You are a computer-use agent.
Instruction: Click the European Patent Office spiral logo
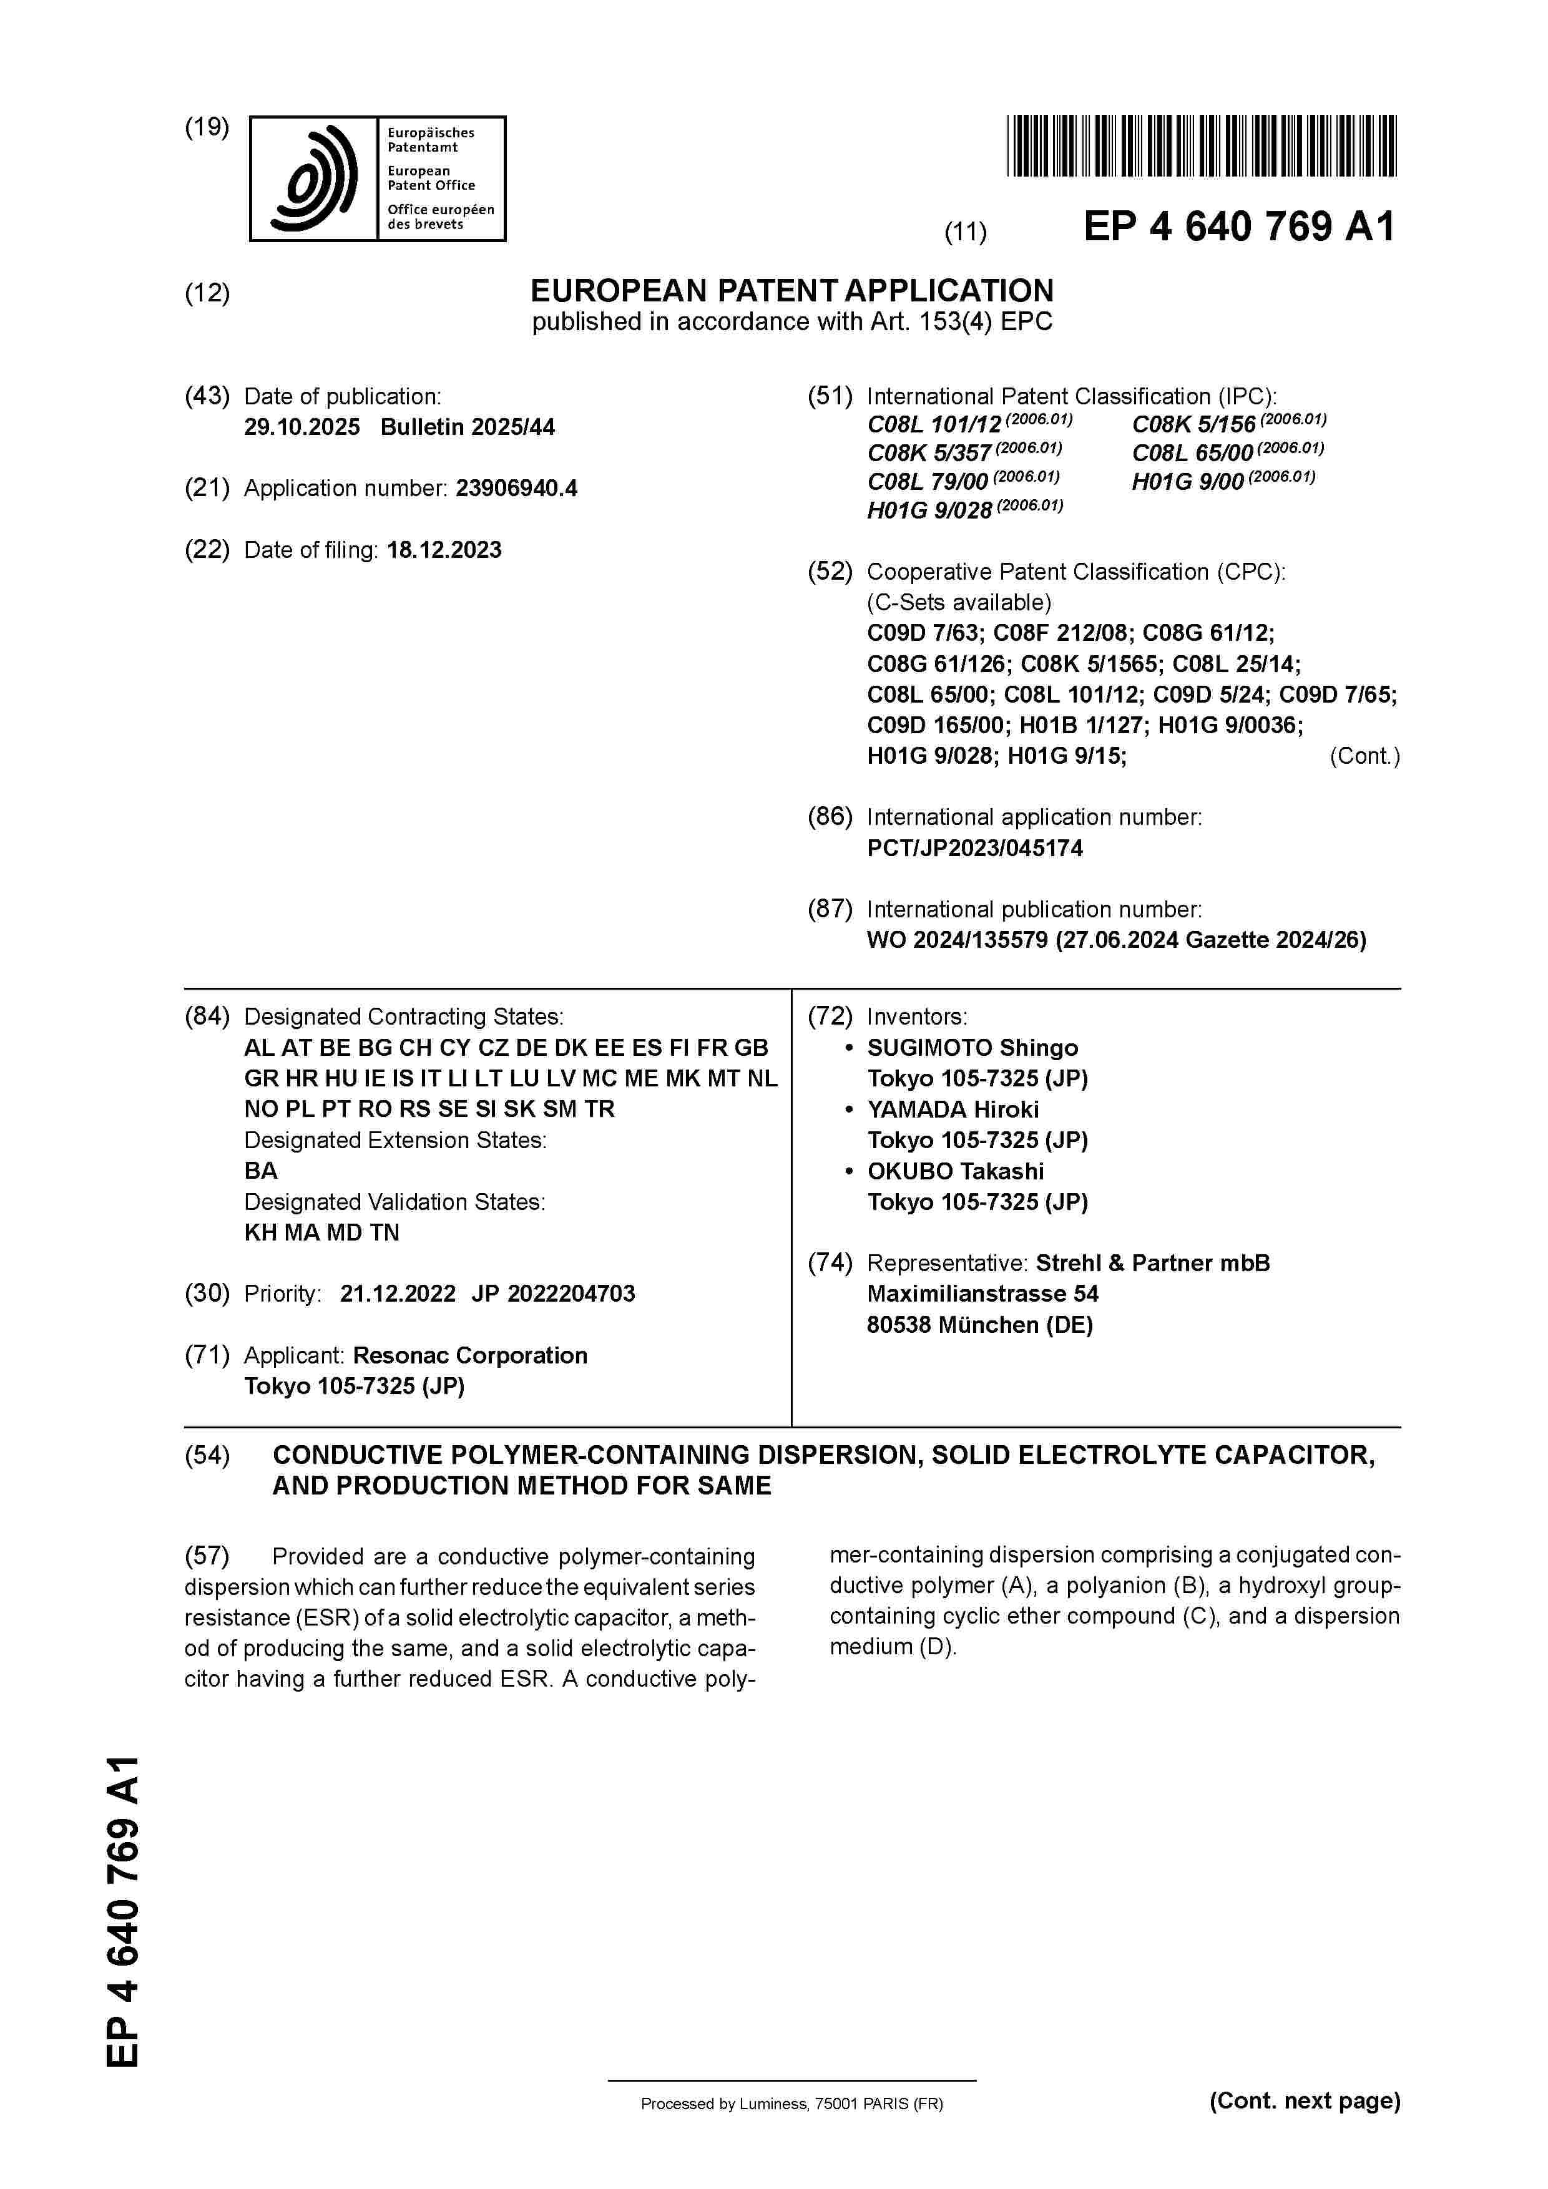click(314, 179)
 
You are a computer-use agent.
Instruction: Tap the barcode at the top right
click(1201, 146)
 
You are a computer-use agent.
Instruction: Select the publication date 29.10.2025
click(301, 427)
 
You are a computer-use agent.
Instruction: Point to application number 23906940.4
click(516, 489)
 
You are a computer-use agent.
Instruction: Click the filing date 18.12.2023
click(444, 550)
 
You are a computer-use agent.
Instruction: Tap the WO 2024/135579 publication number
click(957, 940)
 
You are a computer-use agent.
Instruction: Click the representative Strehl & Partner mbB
click(1152, 1263)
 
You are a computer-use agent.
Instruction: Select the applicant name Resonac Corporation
click(469, 1356)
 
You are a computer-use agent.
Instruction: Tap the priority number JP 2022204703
click(553, 1294)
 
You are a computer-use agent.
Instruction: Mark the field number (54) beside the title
click(207, 1455)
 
